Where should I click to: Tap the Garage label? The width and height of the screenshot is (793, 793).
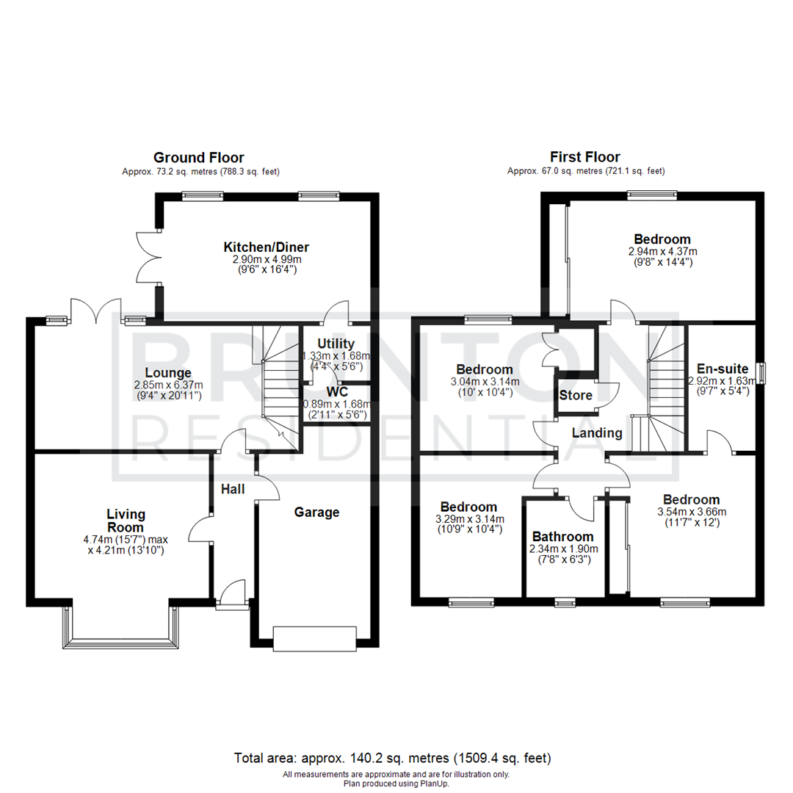click(x=317, y=512)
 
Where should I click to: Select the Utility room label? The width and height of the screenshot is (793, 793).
click(x=336, y=344)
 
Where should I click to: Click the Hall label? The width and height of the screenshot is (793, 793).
click(x=233, y=489)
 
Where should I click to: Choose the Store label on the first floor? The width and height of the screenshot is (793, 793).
click(x=576, y=395)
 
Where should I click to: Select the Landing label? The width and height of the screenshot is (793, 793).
click(x=598, y=433)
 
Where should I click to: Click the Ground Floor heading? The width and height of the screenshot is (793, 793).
click(x=198, y=157)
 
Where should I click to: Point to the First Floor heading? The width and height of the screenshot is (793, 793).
click(x=584, y=157)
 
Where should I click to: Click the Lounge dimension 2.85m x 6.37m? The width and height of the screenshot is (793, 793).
click(x=167, y=385)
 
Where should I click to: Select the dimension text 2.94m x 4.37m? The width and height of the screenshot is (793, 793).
click(x=662, y=251)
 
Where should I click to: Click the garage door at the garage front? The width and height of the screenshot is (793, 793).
click(x=314, y=637)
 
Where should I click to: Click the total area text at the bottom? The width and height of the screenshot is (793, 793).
click(x=392, y=758)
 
